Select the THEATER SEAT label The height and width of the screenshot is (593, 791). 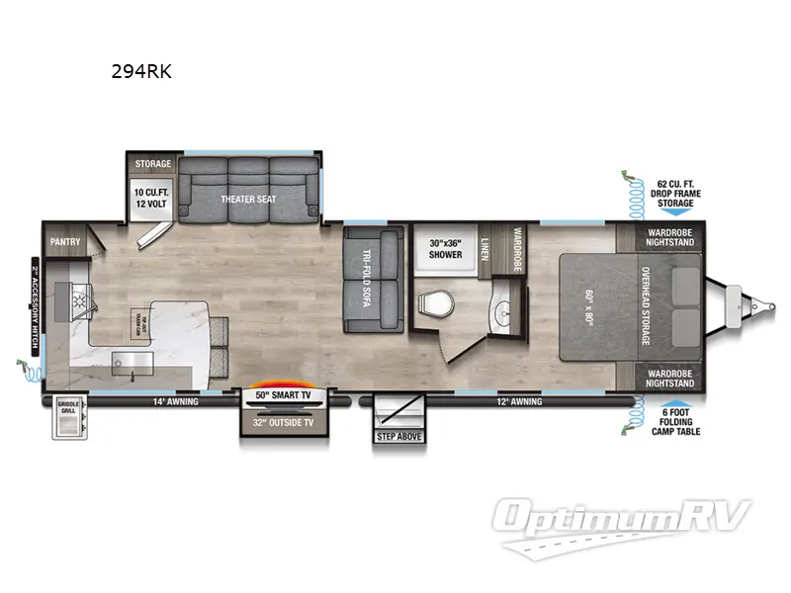[248, 199]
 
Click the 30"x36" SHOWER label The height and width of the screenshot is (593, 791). [445, 248]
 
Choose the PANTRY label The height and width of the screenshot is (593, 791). [64, 240]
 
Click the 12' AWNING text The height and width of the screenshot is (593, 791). [518, 402]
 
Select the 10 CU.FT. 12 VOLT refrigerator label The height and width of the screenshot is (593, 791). [152, 196]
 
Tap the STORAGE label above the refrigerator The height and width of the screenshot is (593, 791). [152, 164]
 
